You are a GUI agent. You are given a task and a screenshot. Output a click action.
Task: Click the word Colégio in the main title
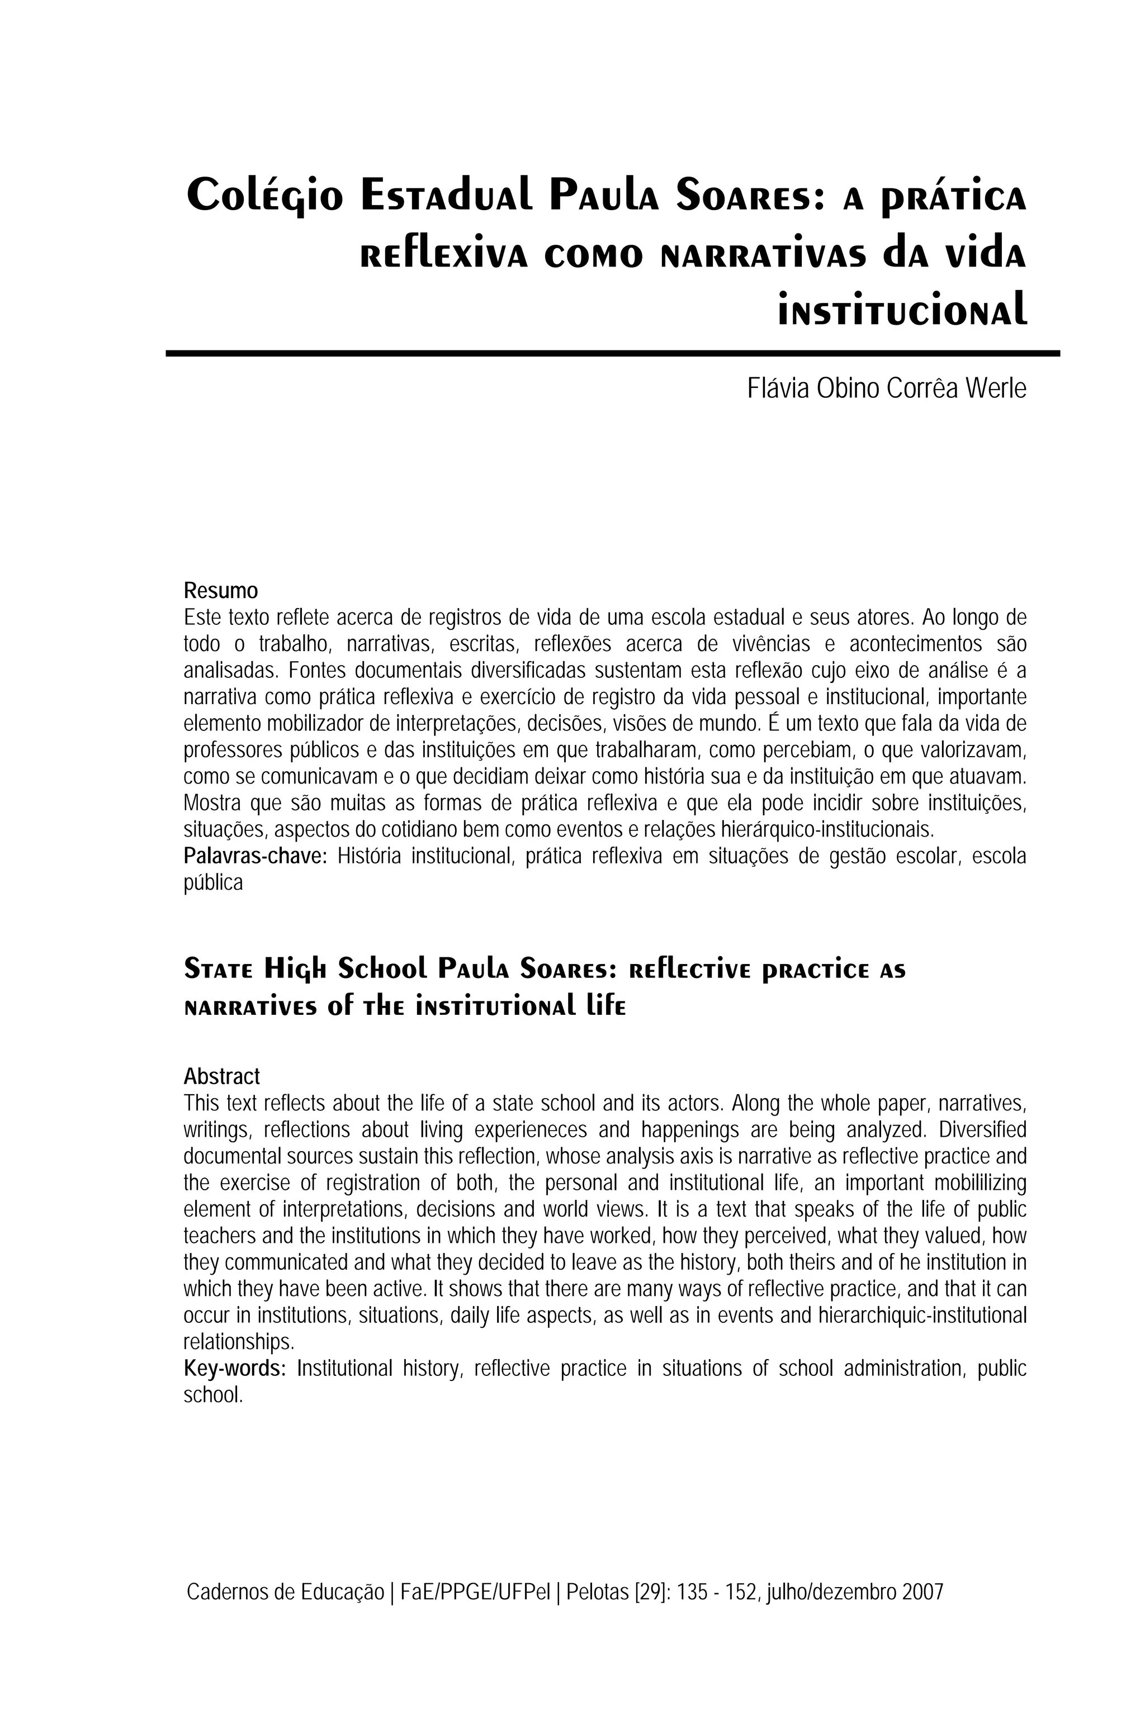point(264,196)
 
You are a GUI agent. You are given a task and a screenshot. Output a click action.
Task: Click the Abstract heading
point(221,1077)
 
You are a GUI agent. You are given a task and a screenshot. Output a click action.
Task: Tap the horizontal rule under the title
point(612,353)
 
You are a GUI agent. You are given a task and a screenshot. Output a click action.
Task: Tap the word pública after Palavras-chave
point(212,883)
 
